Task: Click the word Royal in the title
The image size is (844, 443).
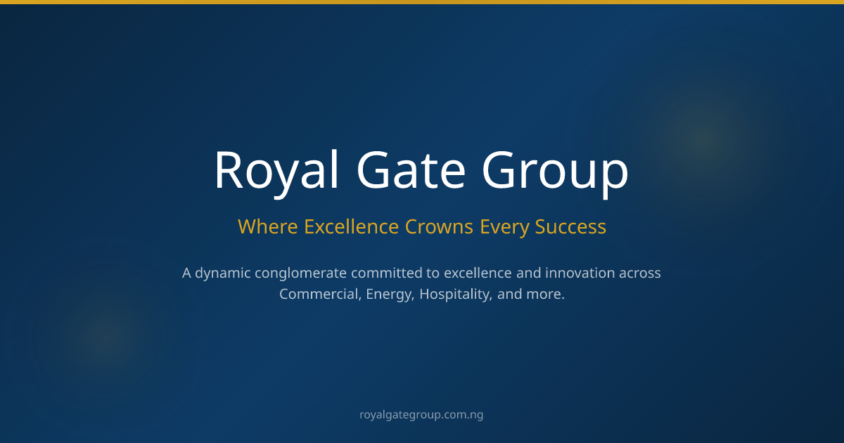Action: coord(277,172)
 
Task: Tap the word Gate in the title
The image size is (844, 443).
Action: coord(411,169)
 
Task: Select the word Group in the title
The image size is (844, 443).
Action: coord(556,172)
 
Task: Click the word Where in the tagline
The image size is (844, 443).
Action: coord(268,226)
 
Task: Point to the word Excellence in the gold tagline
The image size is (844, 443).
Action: coord(351,226)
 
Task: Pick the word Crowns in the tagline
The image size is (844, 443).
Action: coord(439,226)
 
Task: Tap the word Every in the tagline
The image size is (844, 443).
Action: coord(504,228)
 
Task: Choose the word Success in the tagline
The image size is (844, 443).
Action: coord(570,226)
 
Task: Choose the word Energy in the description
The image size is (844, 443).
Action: coord(390,295)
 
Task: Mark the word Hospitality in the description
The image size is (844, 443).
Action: coord(456,295)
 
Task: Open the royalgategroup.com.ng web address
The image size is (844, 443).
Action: coord(421,415)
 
